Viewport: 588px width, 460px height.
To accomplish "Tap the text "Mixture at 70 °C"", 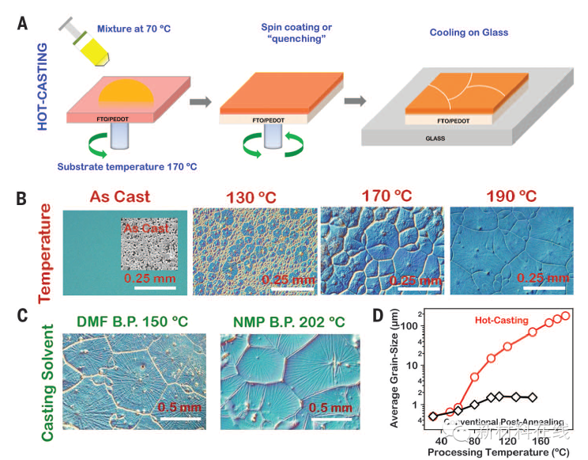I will coord(134,29).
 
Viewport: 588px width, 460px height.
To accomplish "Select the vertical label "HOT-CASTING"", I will coord(43,86).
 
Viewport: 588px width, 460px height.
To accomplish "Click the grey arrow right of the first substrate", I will coord(202,101).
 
